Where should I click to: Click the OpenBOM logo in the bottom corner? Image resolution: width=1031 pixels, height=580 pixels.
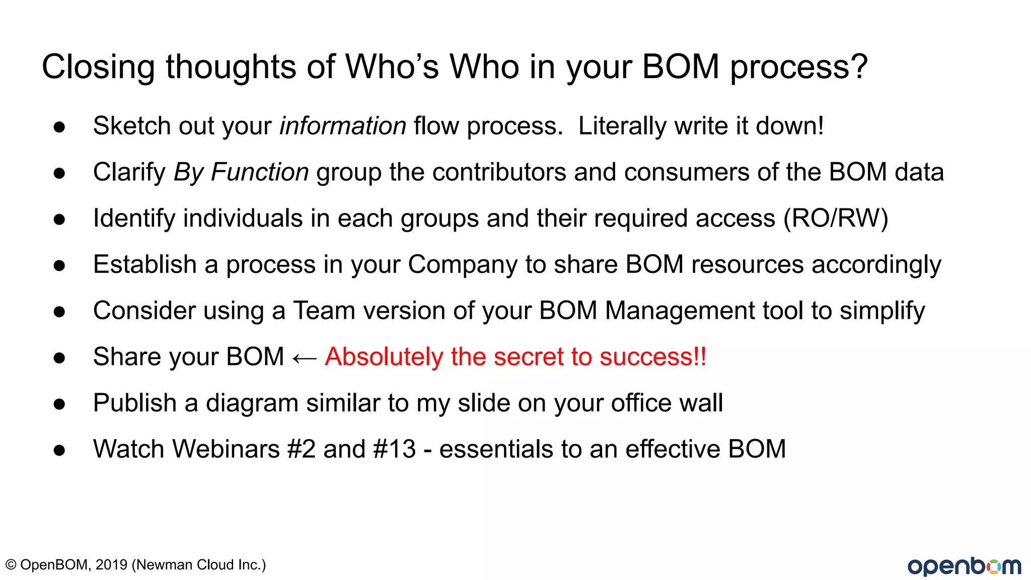964,566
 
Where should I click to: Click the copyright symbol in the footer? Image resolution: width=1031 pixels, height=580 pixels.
11,565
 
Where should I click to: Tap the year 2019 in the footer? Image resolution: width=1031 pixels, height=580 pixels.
111,565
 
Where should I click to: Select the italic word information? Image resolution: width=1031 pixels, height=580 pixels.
343,126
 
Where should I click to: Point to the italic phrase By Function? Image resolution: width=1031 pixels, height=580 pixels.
241,172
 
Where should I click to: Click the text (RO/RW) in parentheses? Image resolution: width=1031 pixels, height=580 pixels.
836,219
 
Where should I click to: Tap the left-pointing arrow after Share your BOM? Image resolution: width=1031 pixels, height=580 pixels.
304,358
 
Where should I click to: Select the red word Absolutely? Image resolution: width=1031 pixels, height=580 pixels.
384,357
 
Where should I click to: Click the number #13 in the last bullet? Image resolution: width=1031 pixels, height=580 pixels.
395,449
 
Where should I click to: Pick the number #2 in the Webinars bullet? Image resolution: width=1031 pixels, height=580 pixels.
301,449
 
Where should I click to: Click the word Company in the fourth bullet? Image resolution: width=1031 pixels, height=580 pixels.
462,265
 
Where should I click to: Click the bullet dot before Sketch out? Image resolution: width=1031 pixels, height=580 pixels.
59,127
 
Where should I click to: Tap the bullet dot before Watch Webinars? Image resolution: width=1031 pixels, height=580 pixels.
59,450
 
